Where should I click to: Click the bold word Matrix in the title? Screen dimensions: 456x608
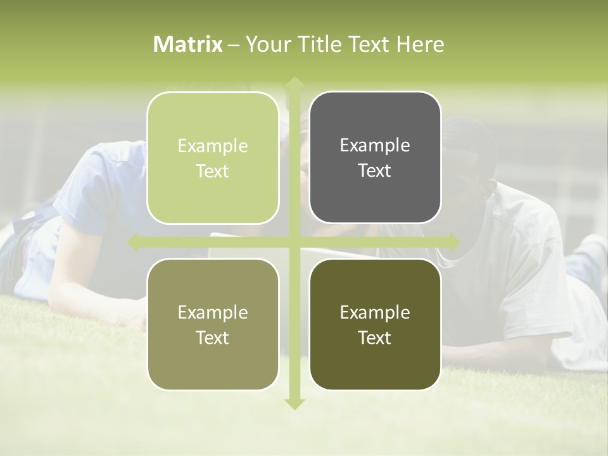[x=188, y=44]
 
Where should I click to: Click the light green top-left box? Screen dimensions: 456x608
[x=213, y=158]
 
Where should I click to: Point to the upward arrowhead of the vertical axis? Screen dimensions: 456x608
[x=294, y=83]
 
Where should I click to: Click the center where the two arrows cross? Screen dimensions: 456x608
[x=294, y=241]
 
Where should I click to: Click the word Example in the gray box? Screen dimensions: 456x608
[x=375, y=145]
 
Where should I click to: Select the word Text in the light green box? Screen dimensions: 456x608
[x=213, y=172]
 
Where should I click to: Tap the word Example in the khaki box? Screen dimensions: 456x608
[x=213, y=312]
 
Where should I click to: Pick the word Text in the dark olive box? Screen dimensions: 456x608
[x=375, y=338]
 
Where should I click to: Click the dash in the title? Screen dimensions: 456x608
[x=234, y=45]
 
